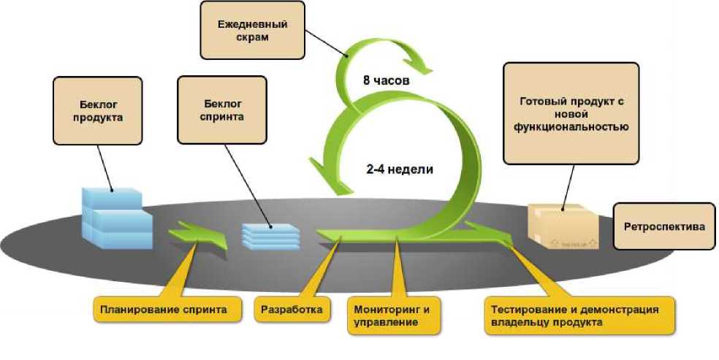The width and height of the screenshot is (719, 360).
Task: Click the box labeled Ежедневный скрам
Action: pyautogui.click(x=252, y=30)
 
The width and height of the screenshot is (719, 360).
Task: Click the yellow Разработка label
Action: pyautogui.click(x=292, y=310)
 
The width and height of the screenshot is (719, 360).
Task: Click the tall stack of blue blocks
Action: pyautogui.click(x=115, y=217)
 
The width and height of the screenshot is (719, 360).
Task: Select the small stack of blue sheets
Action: pyautogui.click(x=270, y=234)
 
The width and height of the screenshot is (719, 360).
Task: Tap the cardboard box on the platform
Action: pyautogui.click(x=563, y=226)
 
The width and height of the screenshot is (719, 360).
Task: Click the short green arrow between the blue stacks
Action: pyautogui.click(x=198, y=236)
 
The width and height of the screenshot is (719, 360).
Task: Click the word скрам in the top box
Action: pyautogui.click(x=252, y=37)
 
